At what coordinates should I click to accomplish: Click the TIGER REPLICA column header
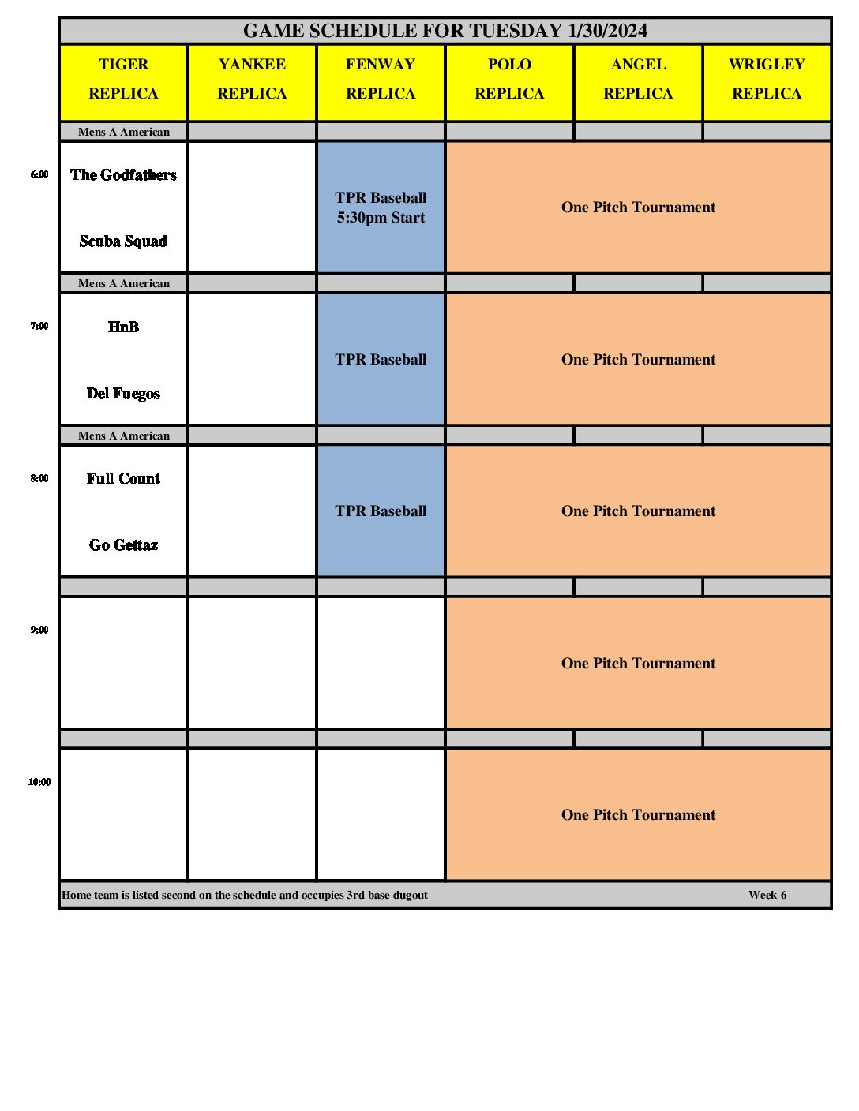point(124,79)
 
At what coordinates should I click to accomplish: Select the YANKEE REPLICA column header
point(253,79)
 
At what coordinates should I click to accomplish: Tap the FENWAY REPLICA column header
point(381,79)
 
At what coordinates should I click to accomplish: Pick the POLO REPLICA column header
point(509,79)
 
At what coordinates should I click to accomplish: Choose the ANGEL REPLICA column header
point(638,79)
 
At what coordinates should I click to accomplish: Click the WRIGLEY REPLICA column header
point(767,79)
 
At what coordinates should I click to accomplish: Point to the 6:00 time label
point(39,174)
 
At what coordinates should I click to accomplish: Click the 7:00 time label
point(39,326)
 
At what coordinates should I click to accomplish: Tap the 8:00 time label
point(39,478)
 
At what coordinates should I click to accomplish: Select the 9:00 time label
point(39,630)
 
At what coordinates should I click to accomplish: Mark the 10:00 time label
point(39,782)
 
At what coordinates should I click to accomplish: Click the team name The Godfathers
point(124,175)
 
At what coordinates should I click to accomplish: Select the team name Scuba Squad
point(124,241)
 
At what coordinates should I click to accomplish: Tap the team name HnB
point(124,327)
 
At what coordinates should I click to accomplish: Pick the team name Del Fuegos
point(124,394)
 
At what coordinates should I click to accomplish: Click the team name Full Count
point(124,479)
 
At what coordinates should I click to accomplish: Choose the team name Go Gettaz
point(124,545)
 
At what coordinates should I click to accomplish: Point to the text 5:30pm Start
point(381,218)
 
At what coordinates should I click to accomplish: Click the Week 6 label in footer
point(767,895)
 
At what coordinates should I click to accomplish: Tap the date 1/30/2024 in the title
point(607,31)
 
